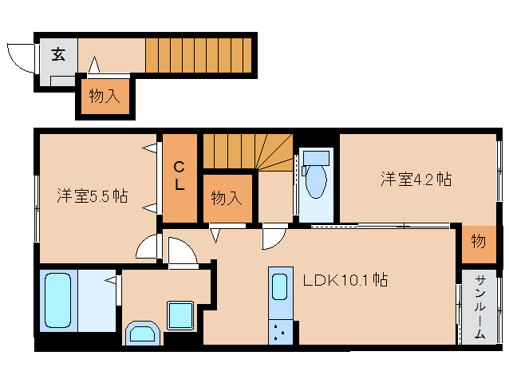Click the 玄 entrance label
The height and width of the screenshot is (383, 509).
(x=59, y=54)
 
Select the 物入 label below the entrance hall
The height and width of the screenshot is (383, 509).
(x=105, y=97)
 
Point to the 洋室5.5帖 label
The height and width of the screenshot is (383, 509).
(x=92, y=195)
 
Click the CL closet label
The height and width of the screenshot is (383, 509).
(x=180, y=176)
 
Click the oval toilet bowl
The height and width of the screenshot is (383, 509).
(x=317, y=180)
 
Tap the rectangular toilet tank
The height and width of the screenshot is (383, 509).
(x=316, y=155)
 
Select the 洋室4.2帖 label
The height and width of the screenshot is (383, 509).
(x=415, y=179)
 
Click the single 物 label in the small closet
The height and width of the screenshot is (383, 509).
(x=478, y=242)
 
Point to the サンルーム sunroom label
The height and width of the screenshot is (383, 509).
(x=479, y=306)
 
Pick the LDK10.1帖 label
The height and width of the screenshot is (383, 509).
(x=345, y=281)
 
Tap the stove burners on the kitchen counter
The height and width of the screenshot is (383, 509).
(x=280, y=330)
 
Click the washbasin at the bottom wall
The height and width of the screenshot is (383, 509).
(x=144, y=333)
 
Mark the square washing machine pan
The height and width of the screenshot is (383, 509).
(x=180, y=314)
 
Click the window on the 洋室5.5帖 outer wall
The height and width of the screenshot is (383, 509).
(x=37, y=207)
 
